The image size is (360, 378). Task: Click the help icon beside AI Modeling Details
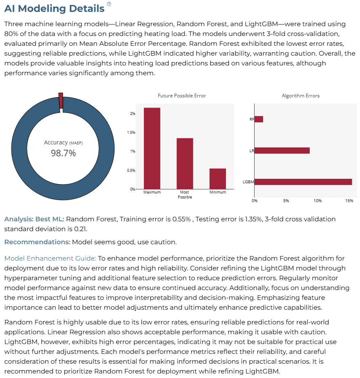click(x=109, y=4)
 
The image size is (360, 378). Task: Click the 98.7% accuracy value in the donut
click(x=63, y=153)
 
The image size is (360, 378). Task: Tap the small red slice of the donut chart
click(x=61, y=101)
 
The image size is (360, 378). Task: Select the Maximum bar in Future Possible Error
click(x=152, y=148)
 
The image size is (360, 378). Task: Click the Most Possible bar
click(x=185, y=164)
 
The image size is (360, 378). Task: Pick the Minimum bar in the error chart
click(x=218, y=179)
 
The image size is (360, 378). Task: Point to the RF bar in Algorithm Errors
click(x=259, y=119)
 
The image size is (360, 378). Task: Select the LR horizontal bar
click(x=282, y=151)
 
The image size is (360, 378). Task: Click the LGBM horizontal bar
click(x=303, y=182)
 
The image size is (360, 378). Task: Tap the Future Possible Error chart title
click(x=182, y=96)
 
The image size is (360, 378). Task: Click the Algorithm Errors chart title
click(x=300, y=96)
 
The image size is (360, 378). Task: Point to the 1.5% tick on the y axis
click(x=131, y=133)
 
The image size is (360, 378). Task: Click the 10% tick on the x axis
click(x=318, y=200)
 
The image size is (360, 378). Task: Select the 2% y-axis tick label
click(x=132, y=114)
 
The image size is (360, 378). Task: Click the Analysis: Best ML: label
click(x=34, y=219)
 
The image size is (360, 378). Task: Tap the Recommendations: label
click(x=37, y=242)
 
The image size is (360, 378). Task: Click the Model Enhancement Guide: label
click(x=50, y=259)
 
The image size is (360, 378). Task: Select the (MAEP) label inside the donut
click(x=76, y=143)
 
